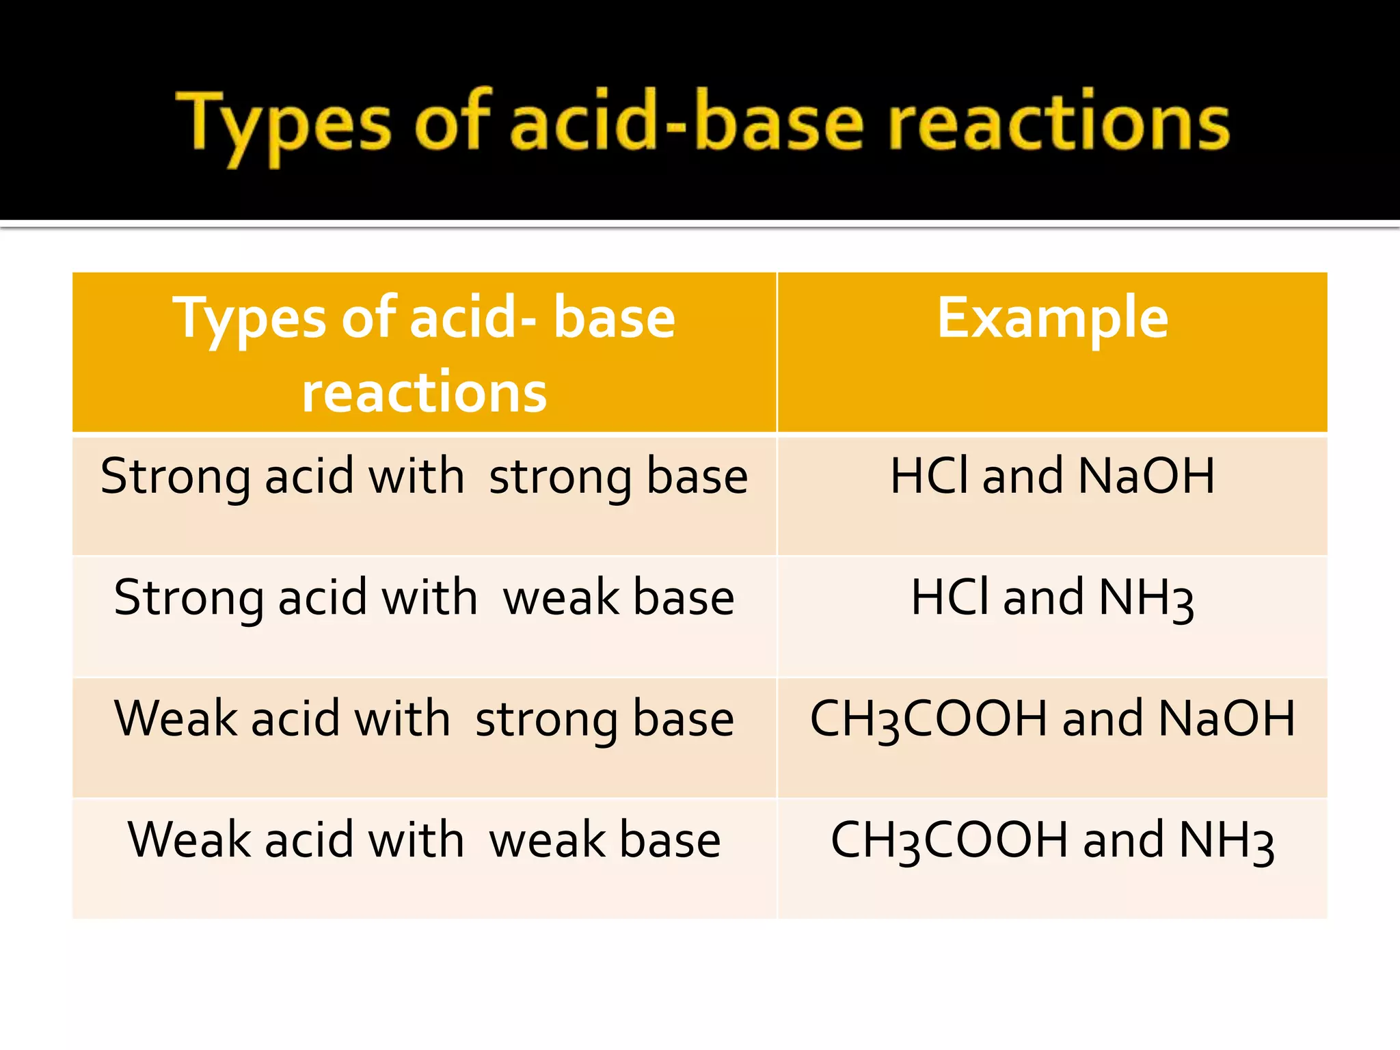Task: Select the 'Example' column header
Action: [x=1052, y=318]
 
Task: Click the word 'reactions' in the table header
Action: [x=425, y=392]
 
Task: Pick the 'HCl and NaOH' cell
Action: [x=1052, y=476]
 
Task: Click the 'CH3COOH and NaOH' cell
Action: [x=1052, y=719]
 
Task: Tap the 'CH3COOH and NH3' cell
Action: [x=1052, y=841]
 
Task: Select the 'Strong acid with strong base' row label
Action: [x=424, y=476]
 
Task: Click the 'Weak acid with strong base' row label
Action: [x=424, y=719]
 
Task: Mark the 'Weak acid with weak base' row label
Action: [x=424, y=840]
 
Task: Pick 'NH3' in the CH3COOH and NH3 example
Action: [x=1226, y=842]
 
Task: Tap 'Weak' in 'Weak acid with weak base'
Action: [x=189, y=840]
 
